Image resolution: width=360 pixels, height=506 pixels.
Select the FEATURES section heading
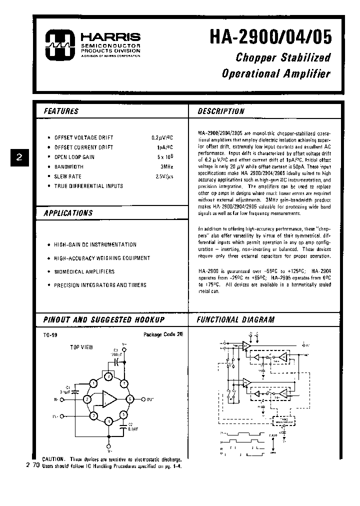coord(61,111)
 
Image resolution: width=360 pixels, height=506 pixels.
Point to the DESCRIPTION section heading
coord(220,111)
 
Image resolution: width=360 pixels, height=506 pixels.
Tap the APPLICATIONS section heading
coord(68,213)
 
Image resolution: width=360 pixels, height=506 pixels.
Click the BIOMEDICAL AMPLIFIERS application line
coord(84,271)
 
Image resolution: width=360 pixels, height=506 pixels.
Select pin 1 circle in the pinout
coord(93,383)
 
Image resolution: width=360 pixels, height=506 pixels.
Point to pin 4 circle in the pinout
coord(108,423)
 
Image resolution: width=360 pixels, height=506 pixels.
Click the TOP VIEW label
coord(81,346)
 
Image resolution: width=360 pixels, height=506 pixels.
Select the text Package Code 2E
coord(163,334)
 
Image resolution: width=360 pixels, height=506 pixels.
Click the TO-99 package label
coord(50,335)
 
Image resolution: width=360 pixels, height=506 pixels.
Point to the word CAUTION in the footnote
coord(53,459)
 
